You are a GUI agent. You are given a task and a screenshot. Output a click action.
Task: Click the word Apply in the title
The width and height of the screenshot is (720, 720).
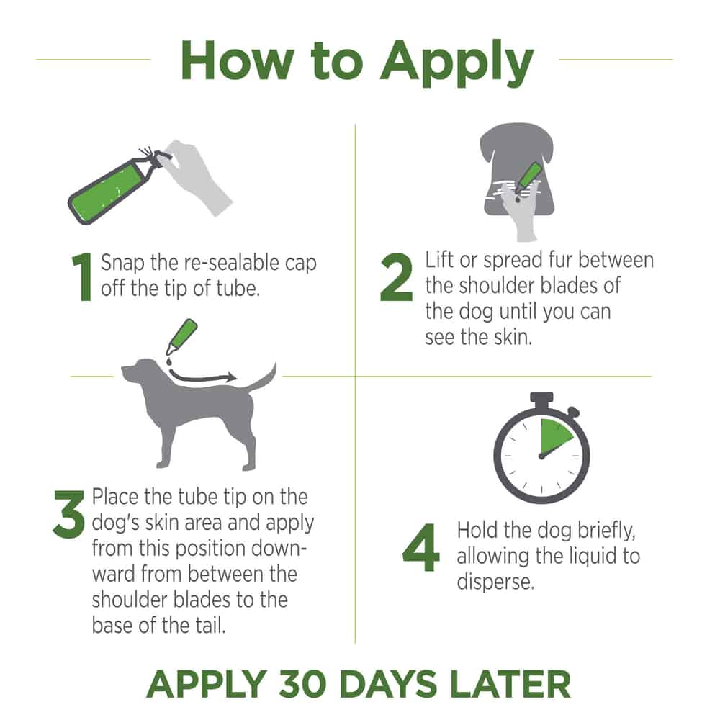[457, 63]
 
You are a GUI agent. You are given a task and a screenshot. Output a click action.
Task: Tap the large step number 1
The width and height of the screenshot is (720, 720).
[82, 277]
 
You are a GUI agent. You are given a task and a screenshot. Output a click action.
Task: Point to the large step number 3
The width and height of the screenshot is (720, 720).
[69, 514]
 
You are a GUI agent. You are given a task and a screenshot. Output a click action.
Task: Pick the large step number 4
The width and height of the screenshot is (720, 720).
[420, 547]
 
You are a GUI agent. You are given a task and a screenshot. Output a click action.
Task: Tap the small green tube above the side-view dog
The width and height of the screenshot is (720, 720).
[182, 336]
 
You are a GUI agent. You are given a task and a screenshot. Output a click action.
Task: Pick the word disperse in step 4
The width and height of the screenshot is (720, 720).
[495, 582]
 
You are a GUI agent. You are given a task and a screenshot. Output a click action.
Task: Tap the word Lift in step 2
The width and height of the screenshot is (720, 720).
[439, 260]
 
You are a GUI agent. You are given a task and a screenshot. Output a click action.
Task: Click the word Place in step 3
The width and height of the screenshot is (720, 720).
[114, 497]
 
